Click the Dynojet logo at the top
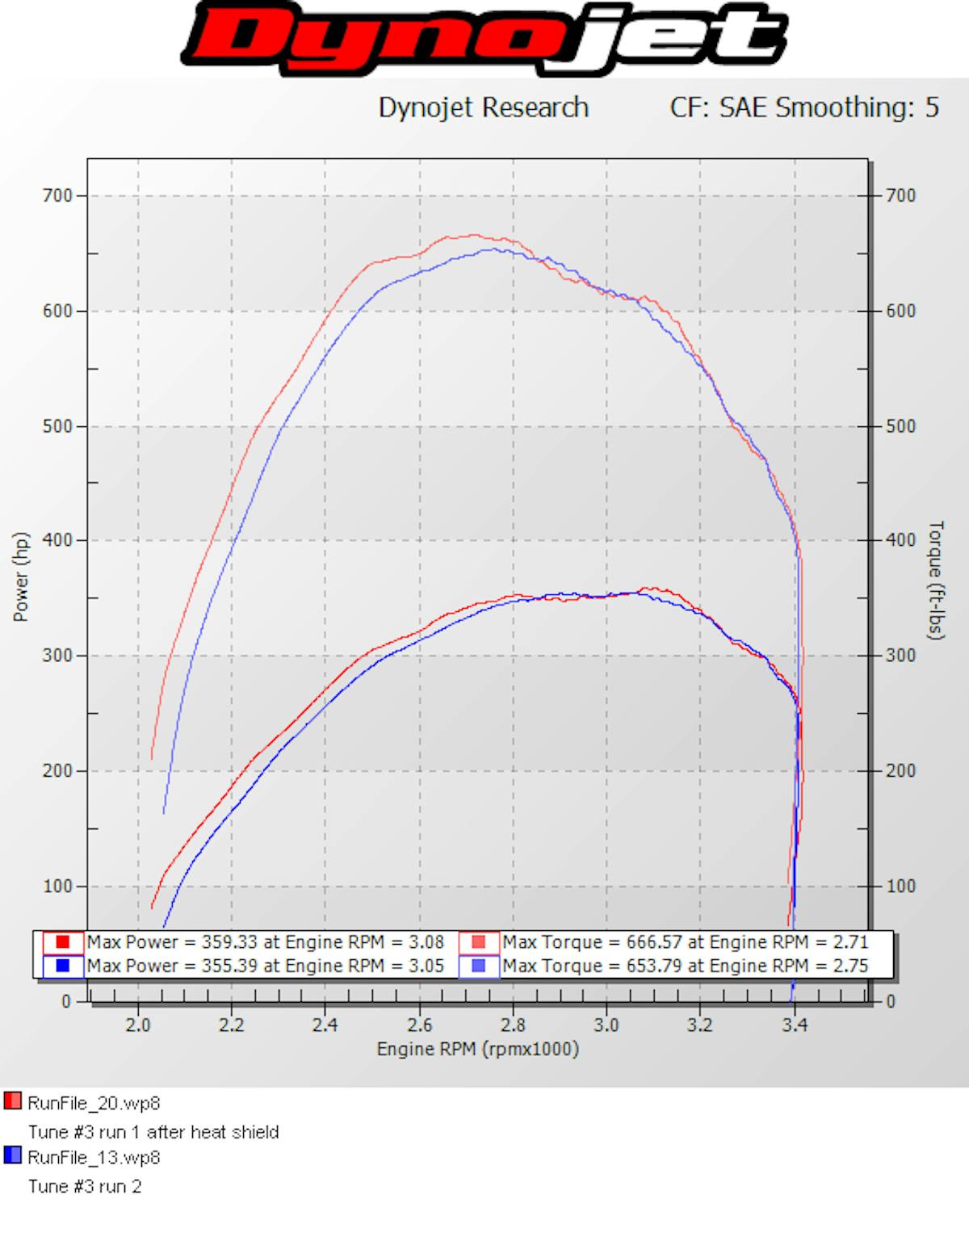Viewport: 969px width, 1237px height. pyautogui.click(x=484, y=38)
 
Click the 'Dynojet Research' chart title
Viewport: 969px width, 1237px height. pyautogui.click(x=483, y=107)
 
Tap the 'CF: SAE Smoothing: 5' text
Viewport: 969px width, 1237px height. pyautogui.click(x=804, y=107)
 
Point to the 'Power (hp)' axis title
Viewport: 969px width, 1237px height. pyautogui.click(x=21, y=577)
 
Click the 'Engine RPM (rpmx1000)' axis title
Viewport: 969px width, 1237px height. pyautogui.click(x=477, y=1049)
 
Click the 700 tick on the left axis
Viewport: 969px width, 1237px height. pyautogui.click(x=57, y=195)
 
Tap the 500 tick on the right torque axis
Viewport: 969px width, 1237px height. pyautogui.click(x=900, y=426)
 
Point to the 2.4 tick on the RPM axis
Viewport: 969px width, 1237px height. pyautogui.click(x=325, y=1025)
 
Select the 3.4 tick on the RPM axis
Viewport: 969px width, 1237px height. pyautogui.click(x=795, y=1025)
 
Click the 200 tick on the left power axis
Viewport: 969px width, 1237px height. pyautogui.click(x=57, y=770)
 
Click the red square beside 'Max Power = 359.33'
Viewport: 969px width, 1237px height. pyautogui.click(x=63, y=942)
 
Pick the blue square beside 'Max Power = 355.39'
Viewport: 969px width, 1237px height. pyautogui.click(x=63, y=966)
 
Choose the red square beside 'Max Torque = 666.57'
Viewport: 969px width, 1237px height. pyautogui.click(x=479, y=942)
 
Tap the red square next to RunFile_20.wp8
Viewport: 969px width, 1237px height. pyautogui.click(x=12, y=1101)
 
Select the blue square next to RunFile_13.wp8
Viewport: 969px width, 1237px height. pyautogui.click(x=12, y=1156)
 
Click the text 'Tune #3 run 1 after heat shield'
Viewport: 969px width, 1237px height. pyautogui.click(x=153, y=1132)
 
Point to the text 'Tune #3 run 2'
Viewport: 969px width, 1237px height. pyautogui.click(x=85, y=1186)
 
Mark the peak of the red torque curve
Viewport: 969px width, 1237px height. pyautogui.click(x=473, y=236)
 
